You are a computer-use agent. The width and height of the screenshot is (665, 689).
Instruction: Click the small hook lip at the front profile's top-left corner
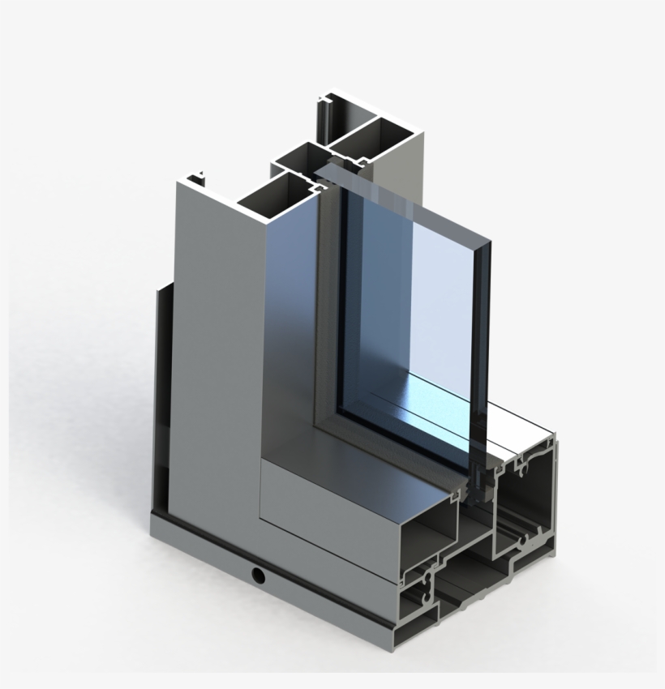click(195, 176)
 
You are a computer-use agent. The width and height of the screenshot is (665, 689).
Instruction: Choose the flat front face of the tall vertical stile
click(215, 365)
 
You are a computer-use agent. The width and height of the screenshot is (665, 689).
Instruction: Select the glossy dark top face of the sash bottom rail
click(365, 478)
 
